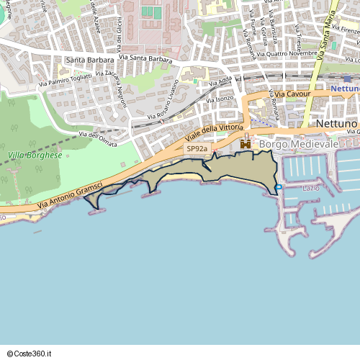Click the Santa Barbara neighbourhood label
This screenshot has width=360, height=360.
pyautogui.click(x=89, y=60)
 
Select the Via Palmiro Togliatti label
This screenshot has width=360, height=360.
pyautogui.click(x=66, y=79)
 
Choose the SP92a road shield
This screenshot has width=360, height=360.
pyautogui.click(x=197, y=149)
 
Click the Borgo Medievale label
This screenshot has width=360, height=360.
pyautogui.click(x=298, y=145)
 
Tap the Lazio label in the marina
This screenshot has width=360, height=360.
pyautogui.click(x=311, y=188)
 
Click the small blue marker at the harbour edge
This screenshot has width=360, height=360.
pyautogui.click(x=279, y=187)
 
